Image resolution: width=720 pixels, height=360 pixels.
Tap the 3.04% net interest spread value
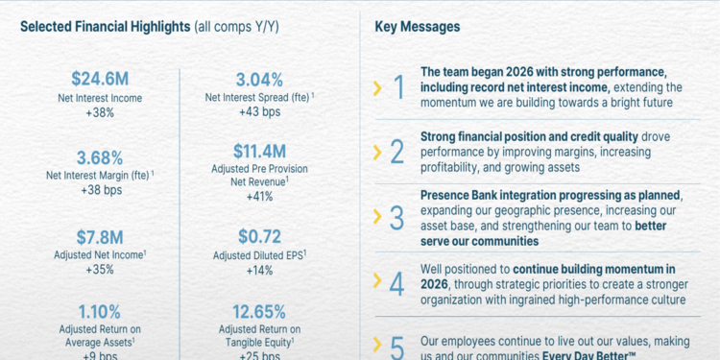click(258, 79)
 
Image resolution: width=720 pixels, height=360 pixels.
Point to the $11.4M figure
click(258, 151)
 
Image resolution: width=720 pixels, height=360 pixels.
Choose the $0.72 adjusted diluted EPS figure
click(258, 235)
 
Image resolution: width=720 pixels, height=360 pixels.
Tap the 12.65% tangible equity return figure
click(258, 311)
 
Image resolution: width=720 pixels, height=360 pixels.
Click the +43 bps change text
click(258, 112)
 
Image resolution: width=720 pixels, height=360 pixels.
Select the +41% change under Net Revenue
click(258, 196)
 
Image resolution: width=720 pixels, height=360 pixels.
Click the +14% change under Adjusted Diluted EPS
click(258, 270)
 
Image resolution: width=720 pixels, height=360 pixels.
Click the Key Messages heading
click(417, 27)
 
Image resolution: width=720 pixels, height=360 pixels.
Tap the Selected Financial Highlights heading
click(105, 27)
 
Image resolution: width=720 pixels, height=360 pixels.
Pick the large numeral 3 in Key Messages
click(397, 218)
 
